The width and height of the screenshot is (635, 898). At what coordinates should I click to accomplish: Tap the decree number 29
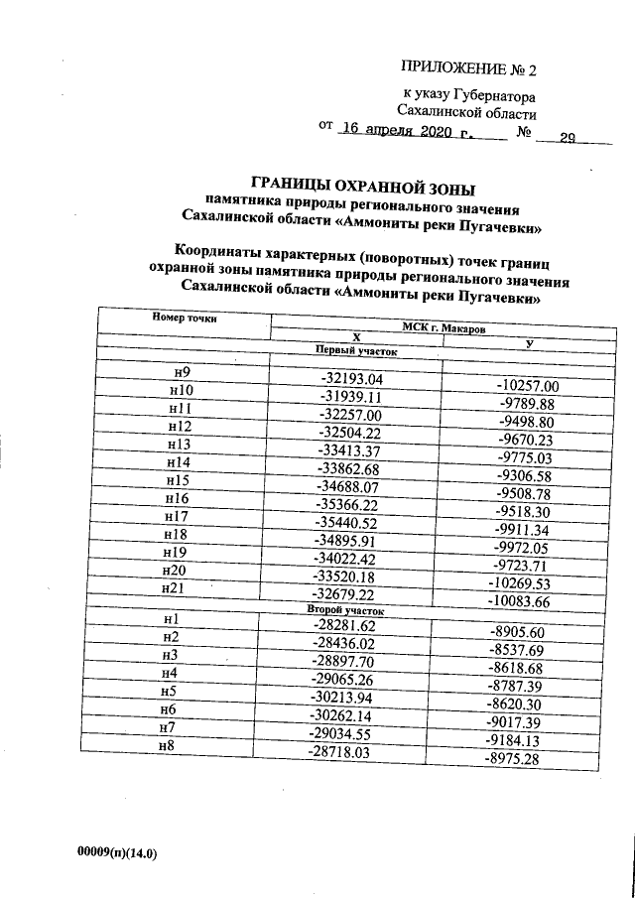[x=568, y=138]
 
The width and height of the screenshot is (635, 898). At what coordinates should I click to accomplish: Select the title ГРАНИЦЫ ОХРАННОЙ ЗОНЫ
[x=363, y=186]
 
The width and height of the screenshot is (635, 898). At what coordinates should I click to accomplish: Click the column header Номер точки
[x=185, y=318]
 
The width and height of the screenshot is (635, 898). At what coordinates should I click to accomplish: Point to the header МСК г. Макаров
[x=444, y=328]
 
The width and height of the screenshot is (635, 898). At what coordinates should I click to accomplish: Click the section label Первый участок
[x=355, y=350]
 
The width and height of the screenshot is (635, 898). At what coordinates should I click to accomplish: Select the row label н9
[x=183, y=372]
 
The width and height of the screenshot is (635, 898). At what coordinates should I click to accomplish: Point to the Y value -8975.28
[x=523, y=759]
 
